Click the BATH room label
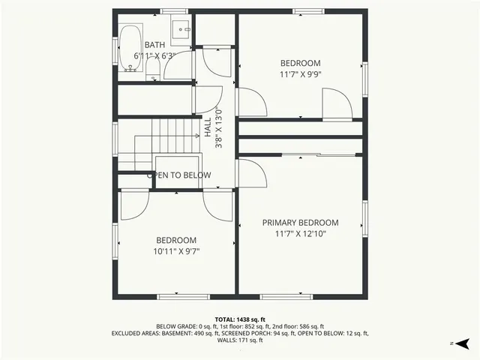(154, 45)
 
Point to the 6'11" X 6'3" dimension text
(154, 55)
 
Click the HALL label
(208, 127)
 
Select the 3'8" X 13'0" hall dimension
(219, 127)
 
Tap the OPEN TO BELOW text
(178, 175)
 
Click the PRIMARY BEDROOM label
(300, 223)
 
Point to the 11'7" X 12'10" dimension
(300, 234)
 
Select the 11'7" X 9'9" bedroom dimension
(300, 74)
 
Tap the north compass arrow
(463, 343)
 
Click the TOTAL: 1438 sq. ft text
(240, 319)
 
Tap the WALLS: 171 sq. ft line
(240, 340)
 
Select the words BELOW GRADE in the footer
(176, 326)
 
